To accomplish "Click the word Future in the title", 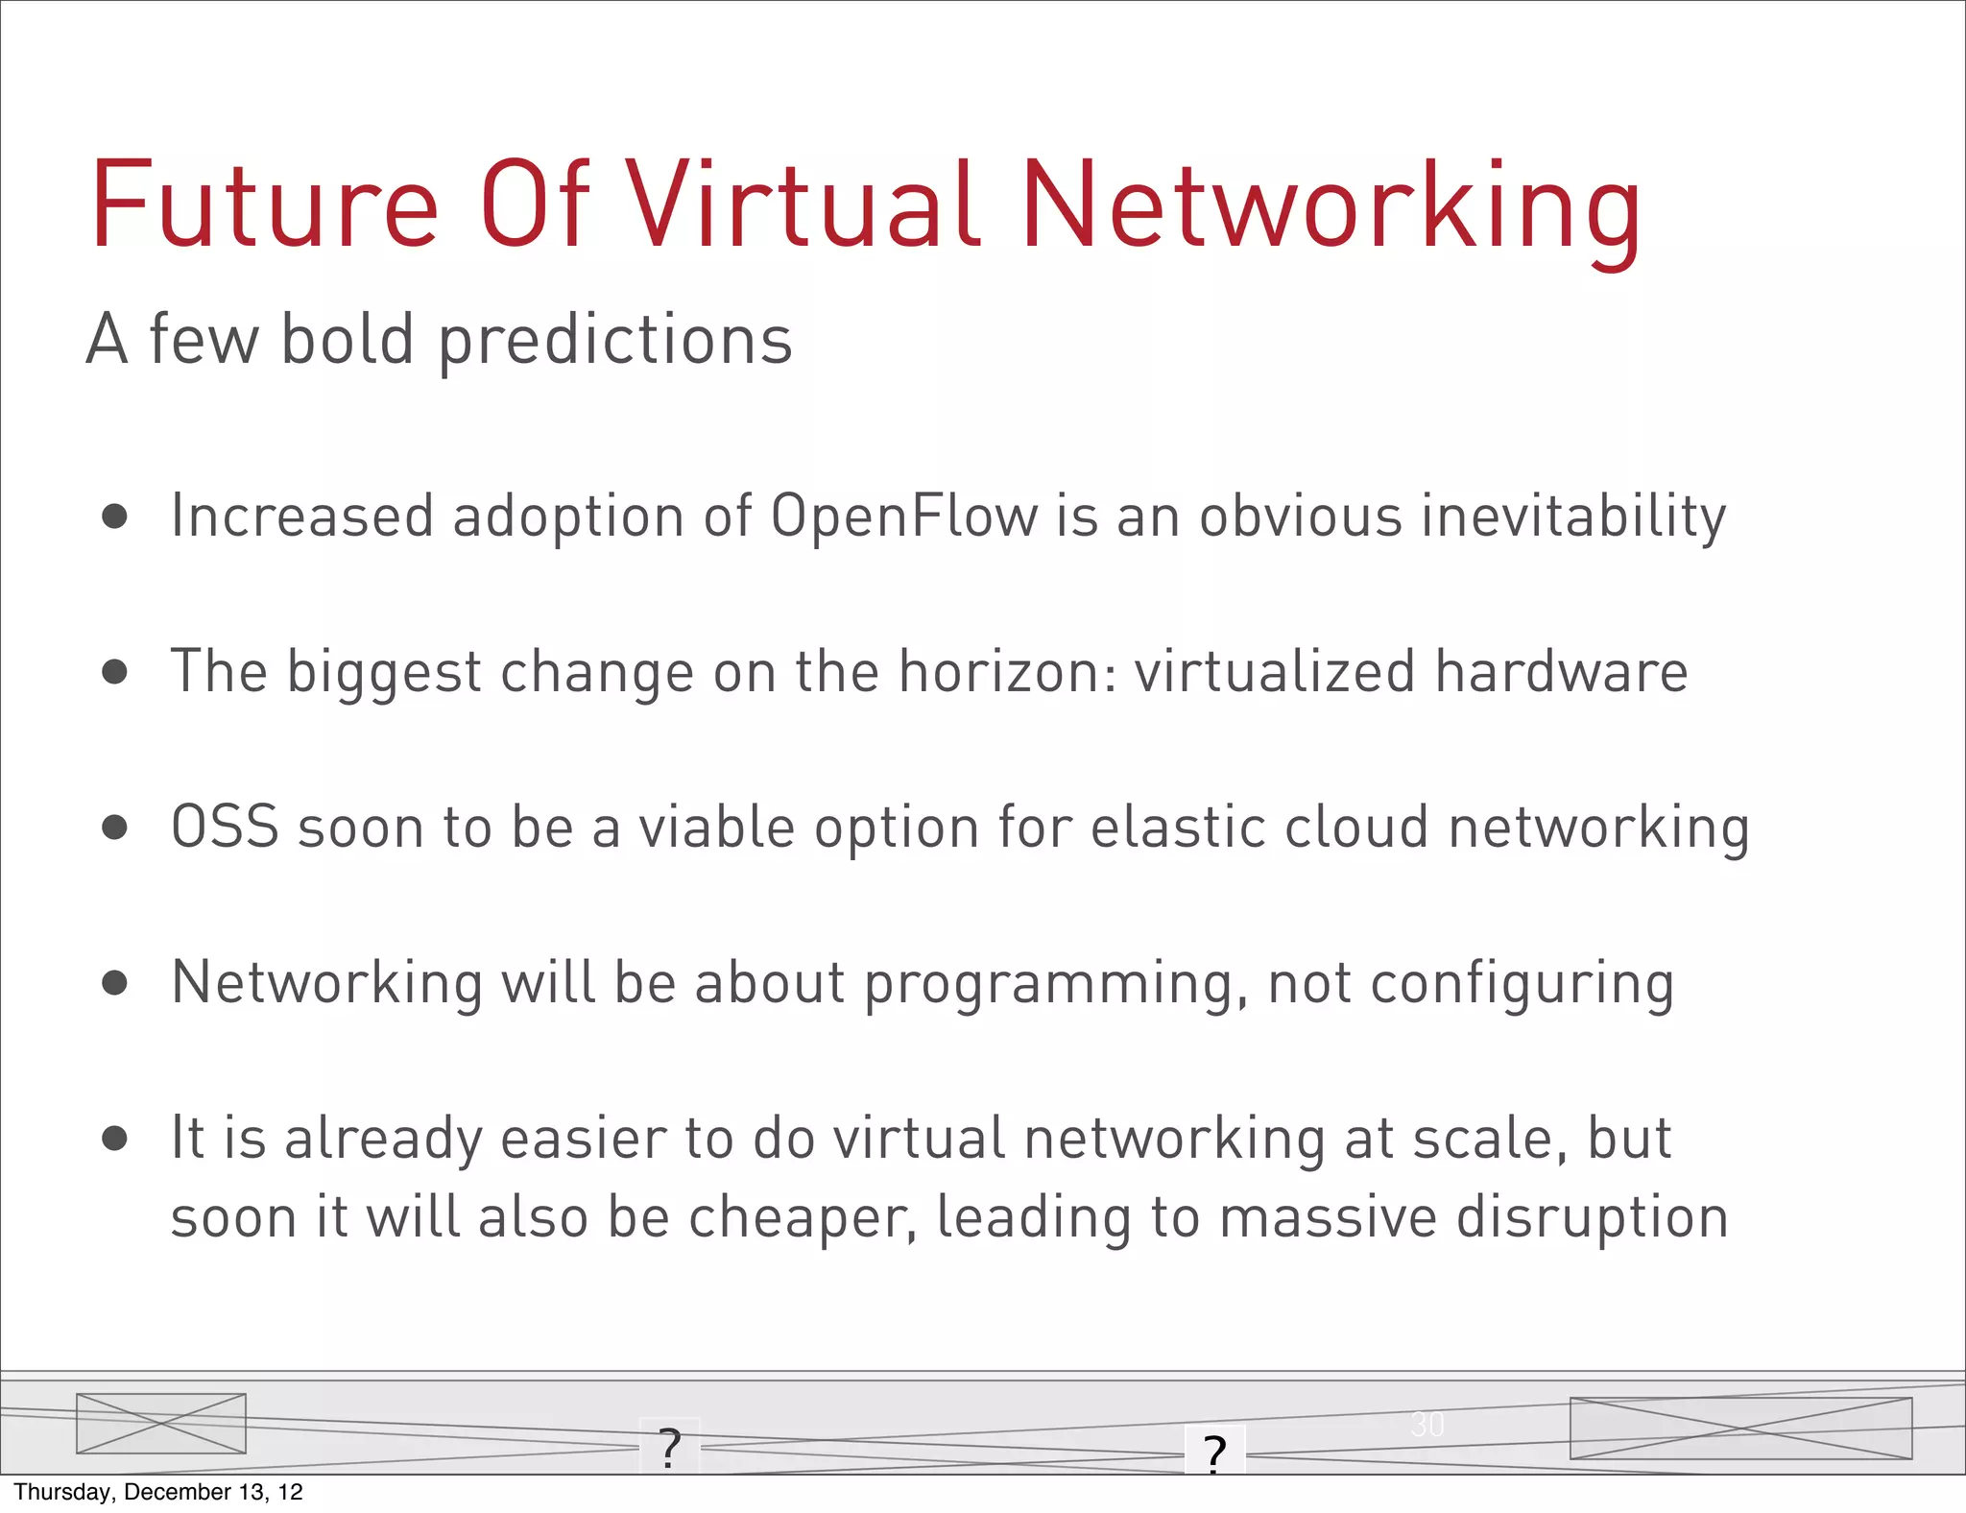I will (x=264, y=206).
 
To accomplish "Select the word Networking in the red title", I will (x=1331, y=206).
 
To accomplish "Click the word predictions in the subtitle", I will (x=615, y=342).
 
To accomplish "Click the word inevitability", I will (x=1573, y=516).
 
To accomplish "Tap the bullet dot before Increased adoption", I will (x=114, y=517).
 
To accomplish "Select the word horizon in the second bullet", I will (x=1008, y=672).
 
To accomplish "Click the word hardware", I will (x=1561, y=672).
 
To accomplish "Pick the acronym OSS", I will (x=225, y=828).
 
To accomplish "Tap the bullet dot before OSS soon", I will (x=114, y=828).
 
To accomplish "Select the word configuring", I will (x=1522, y=985).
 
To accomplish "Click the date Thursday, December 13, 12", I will (x=158, y=1492).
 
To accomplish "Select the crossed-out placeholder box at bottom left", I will (x=161, y=1423).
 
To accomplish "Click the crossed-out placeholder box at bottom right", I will (x=1740, y=1429).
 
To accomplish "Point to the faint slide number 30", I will (x=1427, y=1425).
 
